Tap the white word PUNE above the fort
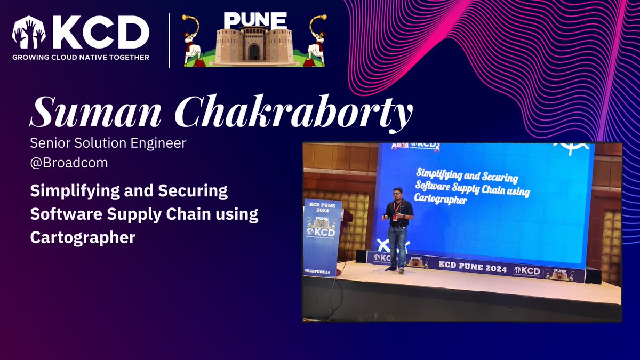(x=255, y=20)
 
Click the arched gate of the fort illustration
(x=254, y=52)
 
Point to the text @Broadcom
(x=69, y=163)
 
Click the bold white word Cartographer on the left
(x=83, y=237)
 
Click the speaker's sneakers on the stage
(x=395, y=269)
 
